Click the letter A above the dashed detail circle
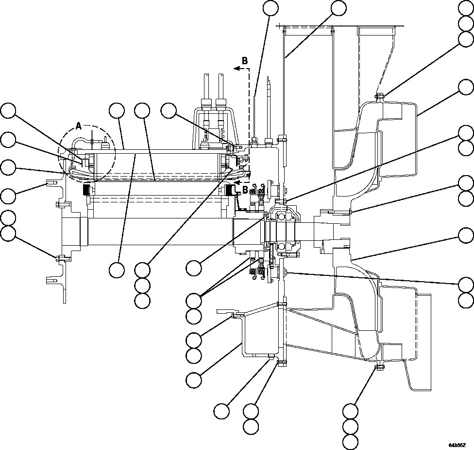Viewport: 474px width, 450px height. (79, 126)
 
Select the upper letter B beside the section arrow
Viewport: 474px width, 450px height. (245, 61)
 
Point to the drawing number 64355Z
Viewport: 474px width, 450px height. (457, 445)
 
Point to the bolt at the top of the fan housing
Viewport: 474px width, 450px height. (379, 95)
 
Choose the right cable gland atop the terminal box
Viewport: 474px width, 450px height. (221, 103)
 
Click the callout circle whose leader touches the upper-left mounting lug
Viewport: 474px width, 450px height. (8, 196)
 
